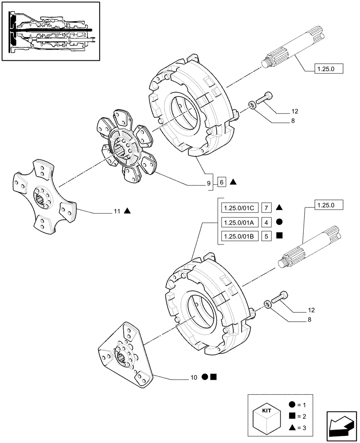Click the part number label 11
tap(117, 212)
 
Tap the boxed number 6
tap(222, 182)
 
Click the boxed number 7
tap(266, 207)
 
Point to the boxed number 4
tap(266, 221)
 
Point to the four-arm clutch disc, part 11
tap(43, 198)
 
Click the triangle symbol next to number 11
tap(127, 211)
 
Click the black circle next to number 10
tap(205, 377)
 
